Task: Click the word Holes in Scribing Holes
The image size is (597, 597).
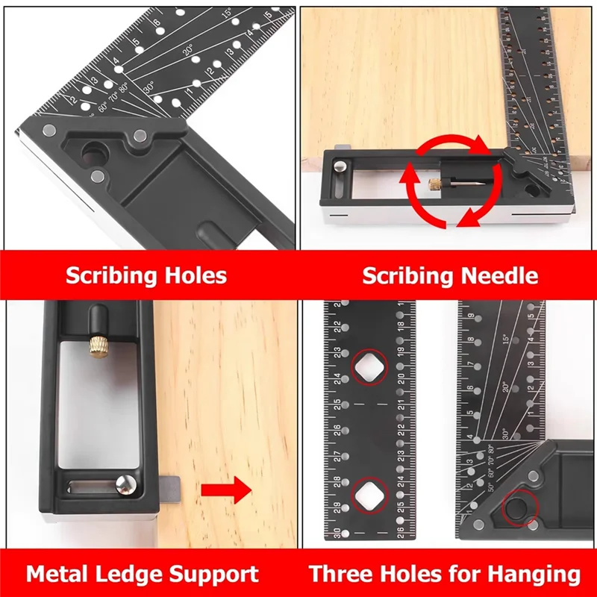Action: pos(190,275)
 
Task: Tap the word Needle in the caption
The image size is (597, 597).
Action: pos(499,275)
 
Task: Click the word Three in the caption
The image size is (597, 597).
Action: pos(343,574)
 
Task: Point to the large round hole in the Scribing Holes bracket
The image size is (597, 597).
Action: pos(95,154)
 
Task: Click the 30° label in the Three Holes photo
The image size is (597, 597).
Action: pos(504,432)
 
